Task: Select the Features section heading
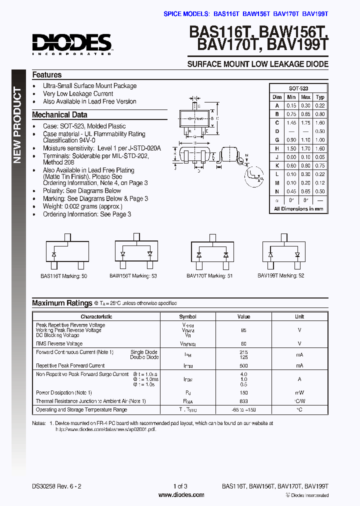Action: point(47,74)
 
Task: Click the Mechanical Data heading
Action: point(59,115)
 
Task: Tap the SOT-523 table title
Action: point(298,87)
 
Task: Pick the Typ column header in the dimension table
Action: point(320,97)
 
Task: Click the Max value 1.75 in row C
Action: point(306,122)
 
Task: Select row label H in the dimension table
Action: point(276,148)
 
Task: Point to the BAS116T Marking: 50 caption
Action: point(63,276)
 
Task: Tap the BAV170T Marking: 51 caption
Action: point(209,276)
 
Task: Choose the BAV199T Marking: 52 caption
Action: point(280,275)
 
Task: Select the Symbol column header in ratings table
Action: point(188,317)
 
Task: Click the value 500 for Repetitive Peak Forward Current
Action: point(243,365)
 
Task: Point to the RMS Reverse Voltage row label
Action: point(59,343)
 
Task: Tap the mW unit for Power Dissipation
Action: point(299,392)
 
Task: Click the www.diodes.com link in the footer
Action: point(181,495)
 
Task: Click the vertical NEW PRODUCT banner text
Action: point(17,125)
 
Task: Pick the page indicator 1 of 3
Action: point(180,486)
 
